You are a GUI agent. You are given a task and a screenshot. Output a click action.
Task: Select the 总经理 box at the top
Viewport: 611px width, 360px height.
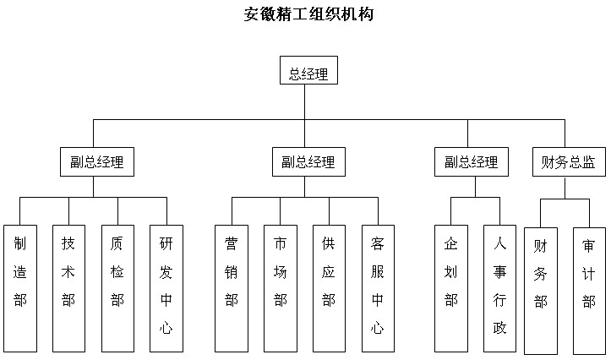308,70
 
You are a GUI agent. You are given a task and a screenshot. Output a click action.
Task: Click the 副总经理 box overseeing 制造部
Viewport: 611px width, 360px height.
97,162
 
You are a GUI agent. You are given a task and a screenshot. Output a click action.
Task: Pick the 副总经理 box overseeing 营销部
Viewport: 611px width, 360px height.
308,162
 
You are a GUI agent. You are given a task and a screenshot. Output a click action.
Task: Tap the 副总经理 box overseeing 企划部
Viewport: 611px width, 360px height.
472,162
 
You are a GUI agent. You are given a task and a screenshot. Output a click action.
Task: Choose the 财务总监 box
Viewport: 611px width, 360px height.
569,162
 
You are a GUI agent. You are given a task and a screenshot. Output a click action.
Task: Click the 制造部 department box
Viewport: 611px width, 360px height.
20,288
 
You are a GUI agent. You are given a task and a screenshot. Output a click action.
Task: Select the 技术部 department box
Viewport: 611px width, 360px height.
68,288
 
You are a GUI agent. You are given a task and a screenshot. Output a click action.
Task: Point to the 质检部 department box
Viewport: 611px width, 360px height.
117,288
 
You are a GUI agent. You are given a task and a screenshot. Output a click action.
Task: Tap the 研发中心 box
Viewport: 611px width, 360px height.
166,288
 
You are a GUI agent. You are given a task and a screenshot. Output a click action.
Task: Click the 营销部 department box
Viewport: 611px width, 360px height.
232,288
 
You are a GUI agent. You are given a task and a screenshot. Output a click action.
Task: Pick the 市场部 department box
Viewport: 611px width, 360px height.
281,288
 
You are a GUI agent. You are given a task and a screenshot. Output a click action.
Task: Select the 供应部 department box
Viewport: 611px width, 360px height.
329,288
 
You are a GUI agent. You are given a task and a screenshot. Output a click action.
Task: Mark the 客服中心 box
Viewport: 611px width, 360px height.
378,288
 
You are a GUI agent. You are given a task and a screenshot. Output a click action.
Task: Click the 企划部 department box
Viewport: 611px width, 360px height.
451,288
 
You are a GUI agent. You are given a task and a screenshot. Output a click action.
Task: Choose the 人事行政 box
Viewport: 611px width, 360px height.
499,288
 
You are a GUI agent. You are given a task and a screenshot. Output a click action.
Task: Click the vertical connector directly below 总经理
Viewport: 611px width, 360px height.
305,101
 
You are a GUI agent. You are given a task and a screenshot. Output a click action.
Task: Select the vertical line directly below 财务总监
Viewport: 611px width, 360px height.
565,188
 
